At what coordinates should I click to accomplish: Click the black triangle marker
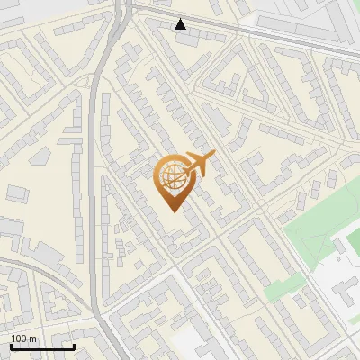click(181, 24)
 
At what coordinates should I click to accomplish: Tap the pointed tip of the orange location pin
click(172, 211)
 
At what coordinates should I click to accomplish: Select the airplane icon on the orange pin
click(199, 163)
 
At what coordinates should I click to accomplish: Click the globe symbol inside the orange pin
click(173, 177)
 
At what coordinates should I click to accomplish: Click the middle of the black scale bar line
click(42, 346)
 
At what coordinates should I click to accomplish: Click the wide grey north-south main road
click(95, 180)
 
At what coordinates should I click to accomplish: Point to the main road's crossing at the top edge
click(125, 4)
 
